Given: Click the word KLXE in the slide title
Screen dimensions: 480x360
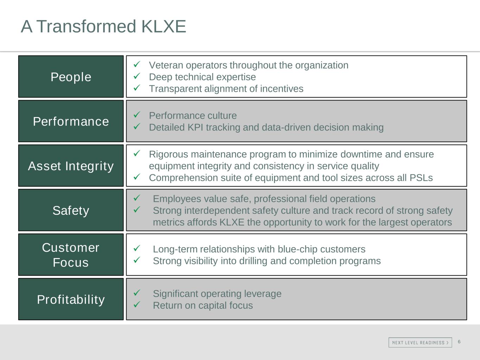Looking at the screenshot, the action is click(x=164, y=26).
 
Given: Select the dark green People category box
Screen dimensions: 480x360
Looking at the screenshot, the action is click(x=71, y=77).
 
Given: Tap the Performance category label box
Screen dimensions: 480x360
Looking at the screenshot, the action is click(x=71, y=121).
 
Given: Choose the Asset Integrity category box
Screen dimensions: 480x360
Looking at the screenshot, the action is click(x=71, y=166).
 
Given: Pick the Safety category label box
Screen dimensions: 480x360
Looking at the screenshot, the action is click(x=71, y=210).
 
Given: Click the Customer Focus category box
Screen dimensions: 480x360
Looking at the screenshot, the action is click(x=71, y=255).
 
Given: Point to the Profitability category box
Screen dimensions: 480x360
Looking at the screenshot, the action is click(x=71, y=299).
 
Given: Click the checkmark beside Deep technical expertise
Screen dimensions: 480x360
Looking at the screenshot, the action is click(x=137, y=76).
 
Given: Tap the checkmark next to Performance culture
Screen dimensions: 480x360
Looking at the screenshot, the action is click(x=137, y=115).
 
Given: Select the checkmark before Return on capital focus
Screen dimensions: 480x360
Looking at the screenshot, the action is click(x=137, y=304).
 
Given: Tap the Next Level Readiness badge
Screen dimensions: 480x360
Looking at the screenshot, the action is click(x=420, y=342).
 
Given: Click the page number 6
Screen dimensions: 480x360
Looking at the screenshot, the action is click(x=459, y=342).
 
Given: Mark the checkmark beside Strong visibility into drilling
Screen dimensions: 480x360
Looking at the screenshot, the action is click(x=137, y=260).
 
